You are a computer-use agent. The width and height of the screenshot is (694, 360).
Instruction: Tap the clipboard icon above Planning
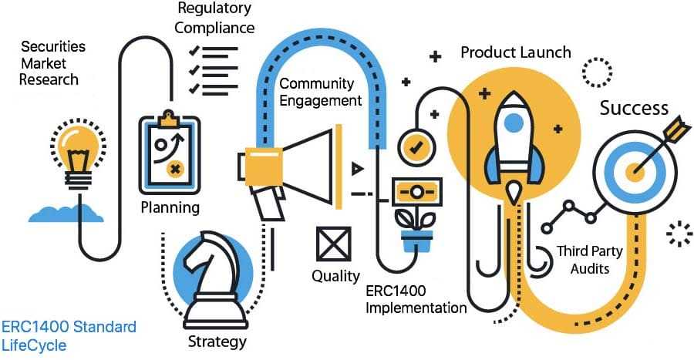pyautogui.click(x=169, y=154)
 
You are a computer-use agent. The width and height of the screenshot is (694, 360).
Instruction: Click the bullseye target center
pyautogui.click(x=635, y=172)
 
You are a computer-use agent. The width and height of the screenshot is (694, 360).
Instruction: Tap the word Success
pyautogui.click(x=634, y=108)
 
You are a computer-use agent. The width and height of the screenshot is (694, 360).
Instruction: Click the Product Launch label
pyautogui.click(x=516, y=52)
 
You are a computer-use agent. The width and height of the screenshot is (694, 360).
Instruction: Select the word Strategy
pyautogui.click(x=217, y=341)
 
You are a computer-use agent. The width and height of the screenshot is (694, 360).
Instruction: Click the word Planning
pyautogui.click(x=170, y=207)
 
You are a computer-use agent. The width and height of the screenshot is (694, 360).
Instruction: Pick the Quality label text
pyautogui.click(x=335, y=275)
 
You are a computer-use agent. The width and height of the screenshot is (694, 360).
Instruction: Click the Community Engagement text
pyautogui.click(x=320, y=92)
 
